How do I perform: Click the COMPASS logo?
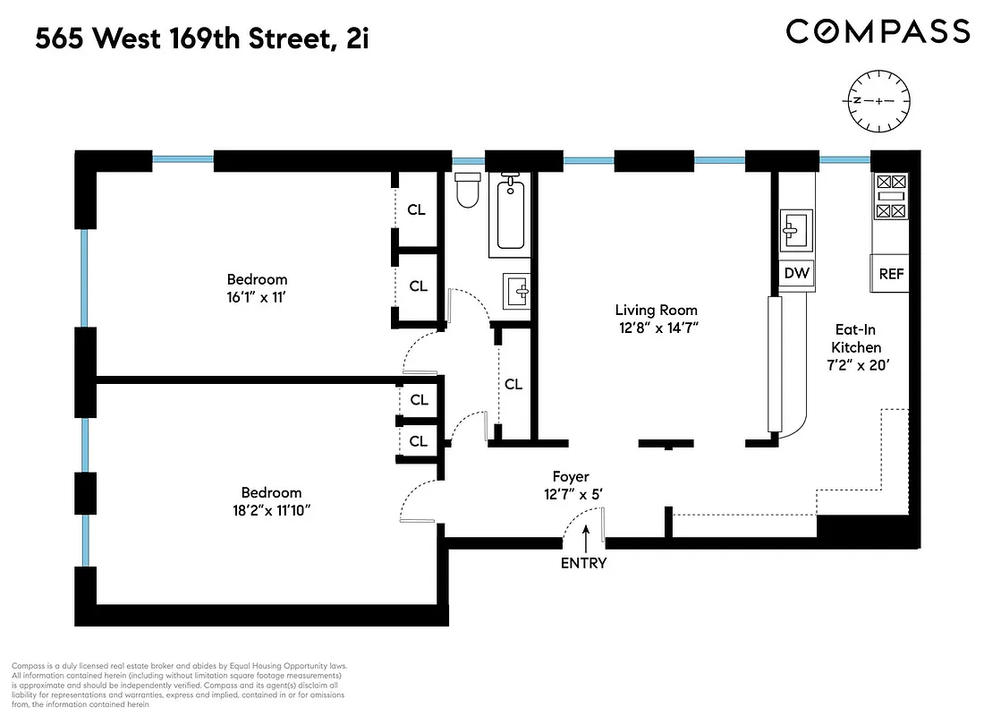pyautogui.click(x=878, y=32)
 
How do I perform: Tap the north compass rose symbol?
pyautogui.click(x=878, y=100)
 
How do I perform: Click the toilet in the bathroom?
pyautogui.click(x=468, y=190)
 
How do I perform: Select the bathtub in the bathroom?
pyautogui.click(x=511, y=212)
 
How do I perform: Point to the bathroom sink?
pyautogui.click(x=516, y=292)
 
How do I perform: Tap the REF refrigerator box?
pyautogui.click(x=891, y=274)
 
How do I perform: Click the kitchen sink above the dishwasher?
pyautogui.click(x=795, y=231)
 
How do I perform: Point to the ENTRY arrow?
pyautogui.click(x=586, y=538)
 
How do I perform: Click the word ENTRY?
pyautogui.click(x=584, y=563)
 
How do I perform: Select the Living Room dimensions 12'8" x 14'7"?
pyautogui.click(x=656, y=328)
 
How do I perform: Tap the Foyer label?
pyautogui.click(x=571, y=477)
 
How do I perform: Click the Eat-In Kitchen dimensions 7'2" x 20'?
pyautogui.click(x=856, y=365)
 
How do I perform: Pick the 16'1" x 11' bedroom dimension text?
pyautogui.click(x=257, y=297)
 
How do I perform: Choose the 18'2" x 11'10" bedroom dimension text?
pyautogui.click(x=271, y=510)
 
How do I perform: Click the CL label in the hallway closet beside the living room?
pyautogui.click(x=513, y=384)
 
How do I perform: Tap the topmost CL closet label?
pyautogui.click(x=417, y=210)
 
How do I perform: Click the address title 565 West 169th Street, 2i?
pyautogui.click(x=202, y=39)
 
